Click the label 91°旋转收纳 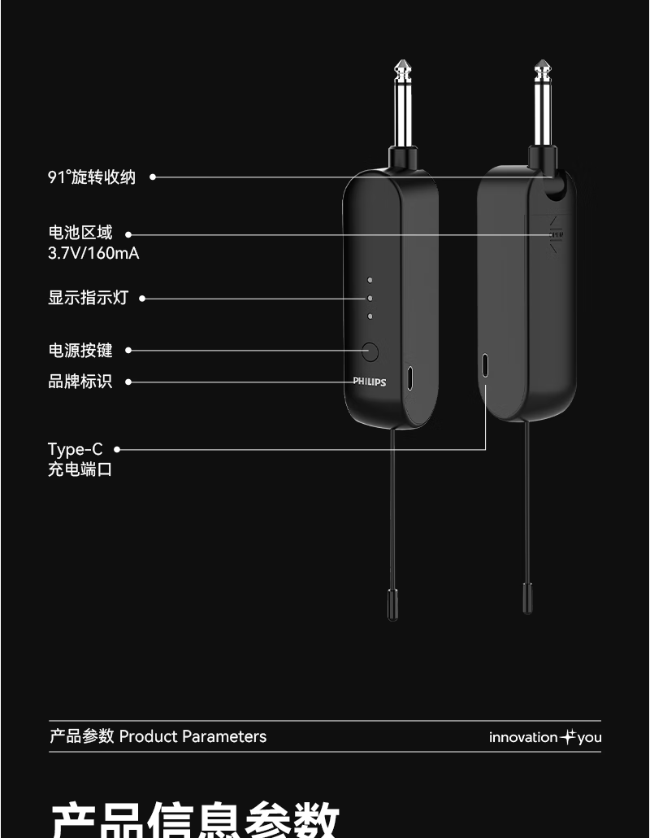click(92, 177)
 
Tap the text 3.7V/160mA click(93, 253)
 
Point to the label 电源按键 click(80, 351)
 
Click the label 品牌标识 click(80, 381)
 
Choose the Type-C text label click(76, 449)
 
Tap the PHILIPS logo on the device click(369, 382)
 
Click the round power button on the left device click(370, 351)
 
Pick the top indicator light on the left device click(370, 280)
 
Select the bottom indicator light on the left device click(370, 316)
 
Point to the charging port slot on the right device click(485, 365)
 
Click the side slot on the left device click(410, 378)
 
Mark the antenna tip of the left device click(393, 606)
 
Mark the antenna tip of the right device click(527, 600)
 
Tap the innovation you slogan click(544, 737)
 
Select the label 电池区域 click(80, 234)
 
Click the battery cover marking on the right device click(557, 236)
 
